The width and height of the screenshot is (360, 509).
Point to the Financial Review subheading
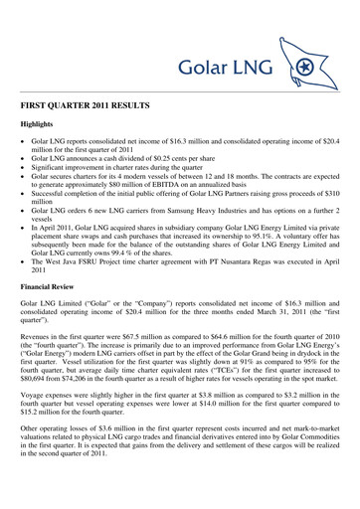[x=61, y=293]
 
